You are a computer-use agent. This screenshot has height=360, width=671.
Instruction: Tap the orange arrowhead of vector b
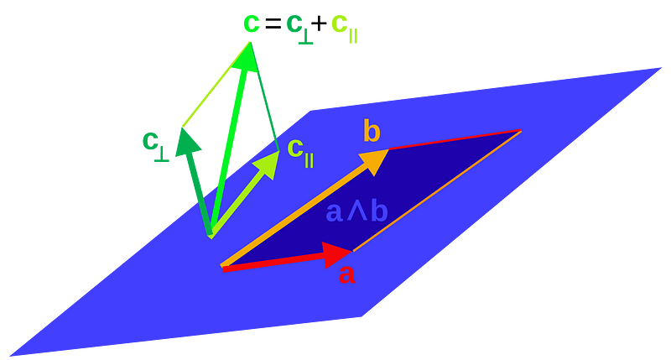pos(374,161)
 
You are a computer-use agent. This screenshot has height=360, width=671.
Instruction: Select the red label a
pos(346,274)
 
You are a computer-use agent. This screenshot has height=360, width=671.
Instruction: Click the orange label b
pos(372,130)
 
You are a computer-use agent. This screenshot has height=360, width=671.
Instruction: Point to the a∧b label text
pos(357,211)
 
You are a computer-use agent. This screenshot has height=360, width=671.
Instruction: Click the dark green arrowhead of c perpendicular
pos(186,141)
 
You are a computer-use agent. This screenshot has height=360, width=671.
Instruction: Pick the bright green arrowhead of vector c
pos(246,56)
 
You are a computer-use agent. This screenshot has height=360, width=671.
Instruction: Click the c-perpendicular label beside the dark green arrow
pos(155,144)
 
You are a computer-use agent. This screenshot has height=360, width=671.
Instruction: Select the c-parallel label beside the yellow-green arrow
pos(300,152)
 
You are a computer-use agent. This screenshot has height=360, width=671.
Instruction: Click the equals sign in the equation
pos(273,24)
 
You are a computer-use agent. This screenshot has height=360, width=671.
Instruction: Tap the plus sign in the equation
pos(319,24)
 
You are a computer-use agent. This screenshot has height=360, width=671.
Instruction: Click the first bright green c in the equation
pos(252,23)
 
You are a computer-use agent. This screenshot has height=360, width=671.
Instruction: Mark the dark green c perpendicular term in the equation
pos(299,29)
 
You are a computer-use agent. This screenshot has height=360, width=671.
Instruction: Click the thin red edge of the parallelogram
pos(455,139)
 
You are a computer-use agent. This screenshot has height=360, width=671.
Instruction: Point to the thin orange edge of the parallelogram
pos(437,191)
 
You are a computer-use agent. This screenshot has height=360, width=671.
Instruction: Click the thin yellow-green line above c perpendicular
pos(216,84)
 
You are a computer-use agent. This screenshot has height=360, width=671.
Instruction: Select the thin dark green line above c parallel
pos(264,96)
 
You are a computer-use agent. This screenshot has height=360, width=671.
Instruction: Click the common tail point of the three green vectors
pos(211,236)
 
